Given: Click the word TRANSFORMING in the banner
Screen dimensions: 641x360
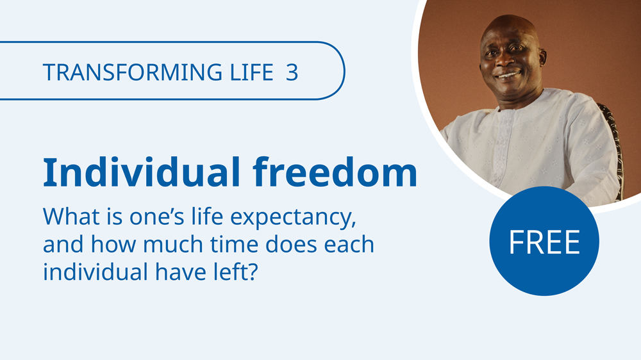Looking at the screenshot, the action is [x=133, y=72].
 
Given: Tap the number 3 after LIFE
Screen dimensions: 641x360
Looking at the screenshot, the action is [x=292, y=72].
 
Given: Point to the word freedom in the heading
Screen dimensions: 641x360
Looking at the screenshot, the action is [x=335, y=172].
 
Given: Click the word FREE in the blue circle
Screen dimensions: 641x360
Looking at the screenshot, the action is [x=544, y=242].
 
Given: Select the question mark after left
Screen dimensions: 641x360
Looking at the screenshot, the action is [x=253, y=272].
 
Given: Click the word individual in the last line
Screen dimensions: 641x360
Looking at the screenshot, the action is [x=96, y=272].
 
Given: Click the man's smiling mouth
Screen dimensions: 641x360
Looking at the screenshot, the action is [x=508, y=76].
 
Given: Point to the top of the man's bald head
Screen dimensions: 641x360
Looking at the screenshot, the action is [x=508, y=20].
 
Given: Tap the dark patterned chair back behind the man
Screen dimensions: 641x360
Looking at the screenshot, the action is [x=614, y=147].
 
